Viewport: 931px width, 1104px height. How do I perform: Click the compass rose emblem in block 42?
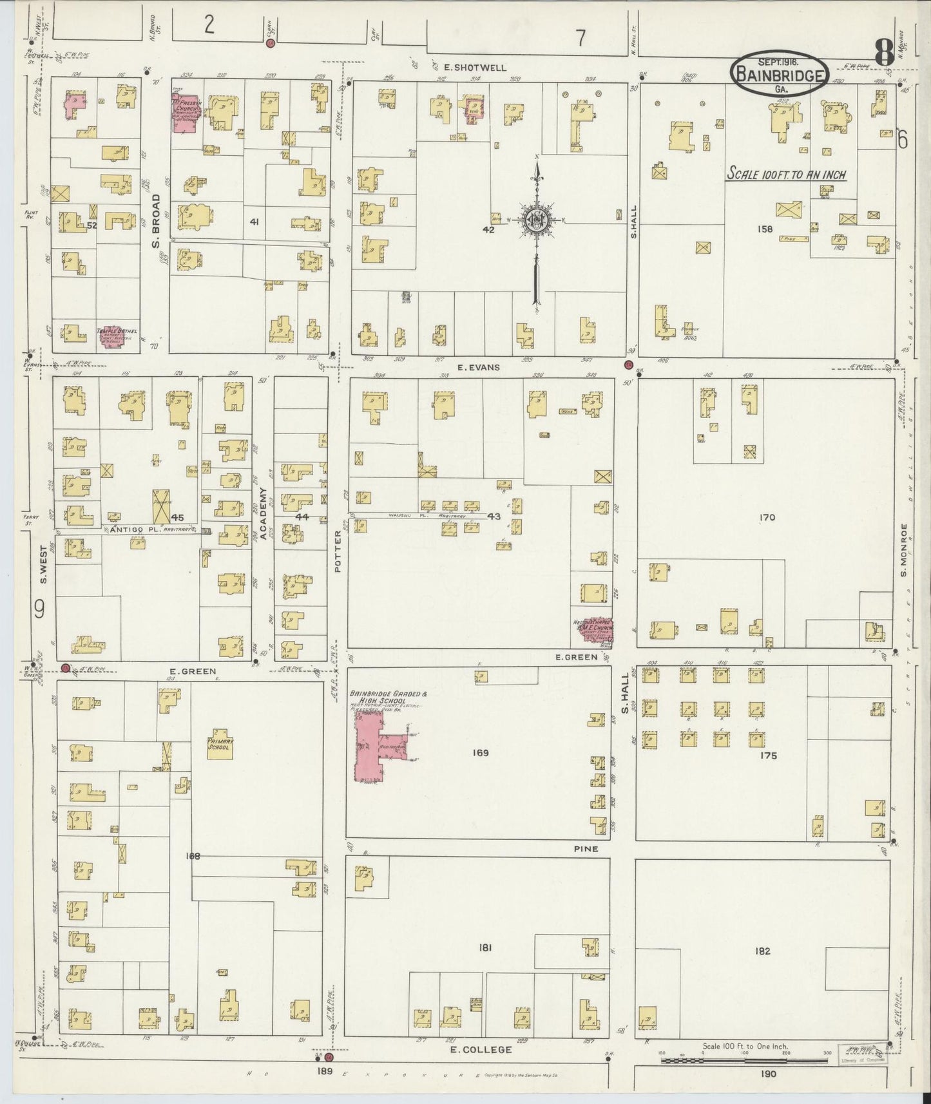pyautogui.click(x=537, y=220)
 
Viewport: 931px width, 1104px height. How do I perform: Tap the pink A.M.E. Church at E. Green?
pyautogui.click(x=594, y=631)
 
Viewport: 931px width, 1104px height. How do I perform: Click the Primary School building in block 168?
pyautogui.click(x=219, y=743)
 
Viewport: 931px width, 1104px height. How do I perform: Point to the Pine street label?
pyautogui.click(x=586, y=849)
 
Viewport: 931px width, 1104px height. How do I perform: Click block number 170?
pyautogui.click(x=767, y=517)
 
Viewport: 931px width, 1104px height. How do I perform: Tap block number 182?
pyautogui.click(x=763, y=951)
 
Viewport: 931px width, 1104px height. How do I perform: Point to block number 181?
pyautogui.click(x=485, y=947)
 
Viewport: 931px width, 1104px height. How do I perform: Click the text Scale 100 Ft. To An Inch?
pyautogui.click(x=786, y=174)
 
